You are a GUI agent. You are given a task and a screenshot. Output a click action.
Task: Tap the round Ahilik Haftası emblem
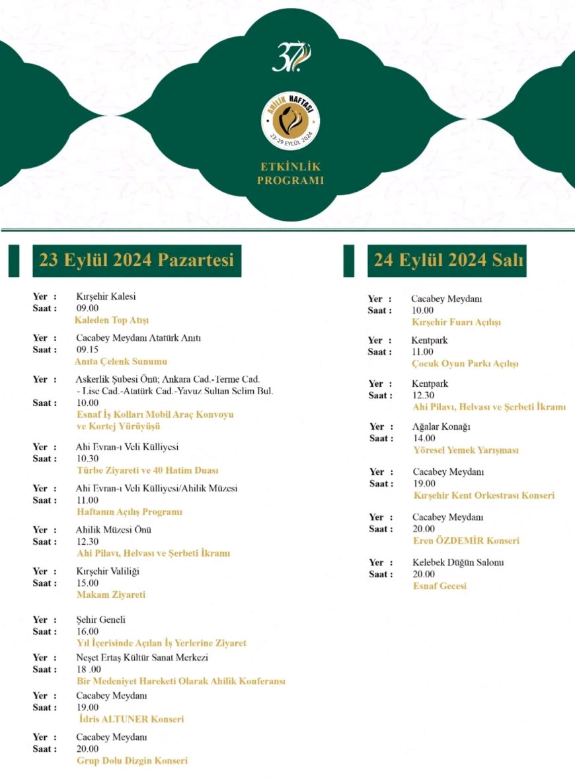click(x=290, y=121)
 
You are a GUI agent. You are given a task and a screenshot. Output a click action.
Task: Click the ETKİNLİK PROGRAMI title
click(x=290, y=173)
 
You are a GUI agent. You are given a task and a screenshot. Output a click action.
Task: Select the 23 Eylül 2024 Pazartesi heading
click(x=137, y=260)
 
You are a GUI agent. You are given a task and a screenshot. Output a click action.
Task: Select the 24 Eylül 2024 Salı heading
click(x=447, y=260)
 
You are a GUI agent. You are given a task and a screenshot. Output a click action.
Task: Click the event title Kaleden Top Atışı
click(x=112, y=321)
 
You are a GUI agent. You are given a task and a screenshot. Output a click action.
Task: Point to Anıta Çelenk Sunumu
click(x=121, y=362)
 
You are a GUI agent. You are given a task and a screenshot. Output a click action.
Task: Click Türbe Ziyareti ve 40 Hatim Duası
click(x=147, y=471)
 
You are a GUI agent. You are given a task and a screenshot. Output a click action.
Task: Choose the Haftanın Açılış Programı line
click(x=129, y=512)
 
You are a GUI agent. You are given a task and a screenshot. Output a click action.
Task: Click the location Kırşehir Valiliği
click(x=108, y=571)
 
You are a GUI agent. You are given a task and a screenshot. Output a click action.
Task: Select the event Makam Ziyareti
click(x=110, y=594)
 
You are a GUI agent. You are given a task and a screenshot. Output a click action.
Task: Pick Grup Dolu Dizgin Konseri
click(x=132, y=760)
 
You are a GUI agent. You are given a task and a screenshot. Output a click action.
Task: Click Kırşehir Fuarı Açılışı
click(x=456, y=322)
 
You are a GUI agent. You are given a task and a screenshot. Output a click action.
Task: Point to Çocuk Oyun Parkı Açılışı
click(x=465, y=364)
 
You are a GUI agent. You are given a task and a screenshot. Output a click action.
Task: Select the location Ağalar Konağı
click(x=441, y=427)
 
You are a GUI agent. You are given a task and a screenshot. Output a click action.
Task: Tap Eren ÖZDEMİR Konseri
click(x=466, y=540)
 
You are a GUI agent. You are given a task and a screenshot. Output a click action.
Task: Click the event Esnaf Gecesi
click(x=440, y=586)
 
